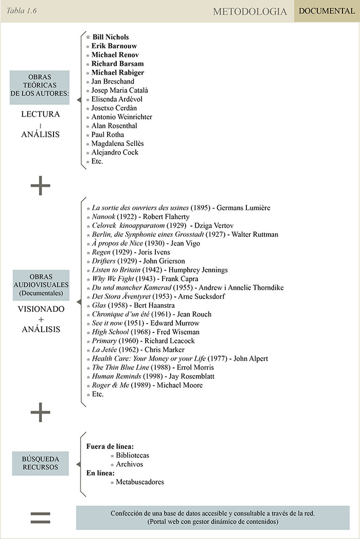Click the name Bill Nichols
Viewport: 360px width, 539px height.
(110, 37)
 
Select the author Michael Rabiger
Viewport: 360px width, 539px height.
(118, 72)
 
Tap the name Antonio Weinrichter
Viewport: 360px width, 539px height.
(121, 117)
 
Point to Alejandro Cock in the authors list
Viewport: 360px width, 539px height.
(115, 152)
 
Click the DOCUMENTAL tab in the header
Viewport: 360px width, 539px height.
(327, 11)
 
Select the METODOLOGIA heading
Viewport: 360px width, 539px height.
(250, 11)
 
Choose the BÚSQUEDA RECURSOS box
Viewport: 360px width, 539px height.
(40, 463)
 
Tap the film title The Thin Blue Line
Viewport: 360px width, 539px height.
(120, 367)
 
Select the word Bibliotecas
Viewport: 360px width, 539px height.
(133, 455)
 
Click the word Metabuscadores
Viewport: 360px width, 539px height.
(140, 482)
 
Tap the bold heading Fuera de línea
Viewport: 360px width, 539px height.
(110, 447)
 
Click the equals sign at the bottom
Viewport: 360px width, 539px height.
(41, 518)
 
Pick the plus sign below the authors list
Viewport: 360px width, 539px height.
(41, 187)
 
